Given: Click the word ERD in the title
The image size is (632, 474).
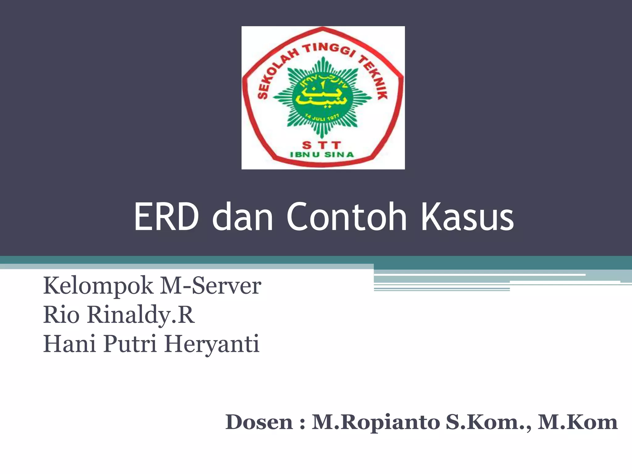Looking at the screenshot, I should click(166, 217).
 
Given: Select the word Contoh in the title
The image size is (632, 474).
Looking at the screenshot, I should click(347, 217).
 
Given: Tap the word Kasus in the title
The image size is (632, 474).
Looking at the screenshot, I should click(467, 217).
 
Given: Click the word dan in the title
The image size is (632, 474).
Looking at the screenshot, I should click(243, 217).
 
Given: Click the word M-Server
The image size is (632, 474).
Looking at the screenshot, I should click(210, 286).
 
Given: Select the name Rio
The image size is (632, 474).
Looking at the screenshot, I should click(61, 315).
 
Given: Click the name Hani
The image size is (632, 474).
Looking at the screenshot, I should click(69, 344).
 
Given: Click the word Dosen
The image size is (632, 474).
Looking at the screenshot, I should click(259, 422).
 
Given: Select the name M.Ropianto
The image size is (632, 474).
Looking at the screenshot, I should click(376, 422).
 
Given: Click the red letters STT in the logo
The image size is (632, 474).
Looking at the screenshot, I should click(321, 145).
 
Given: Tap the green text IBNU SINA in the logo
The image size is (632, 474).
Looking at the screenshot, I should click(321, 155).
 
